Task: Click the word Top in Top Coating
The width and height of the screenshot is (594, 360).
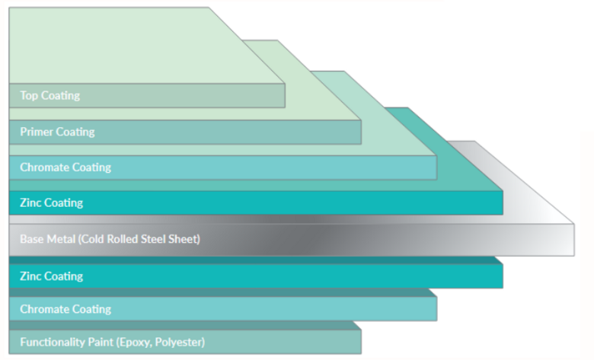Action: [29, 96]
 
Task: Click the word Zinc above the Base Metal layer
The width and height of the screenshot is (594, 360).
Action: [31, 203]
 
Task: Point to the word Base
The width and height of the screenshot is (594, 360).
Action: [31, 239]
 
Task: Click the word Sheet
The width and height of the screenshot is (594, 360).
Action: [185, 239]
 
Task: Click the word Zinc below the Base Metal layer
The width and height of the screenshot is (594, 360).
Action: [31, 276]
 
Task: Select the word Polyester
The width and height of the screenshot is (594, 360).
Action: [181, 342]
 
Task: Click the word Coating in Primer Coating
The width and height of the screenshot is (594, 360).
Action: [76, 132]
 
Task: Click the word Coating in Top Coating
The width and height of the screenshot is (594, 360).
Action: [60, 96]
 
